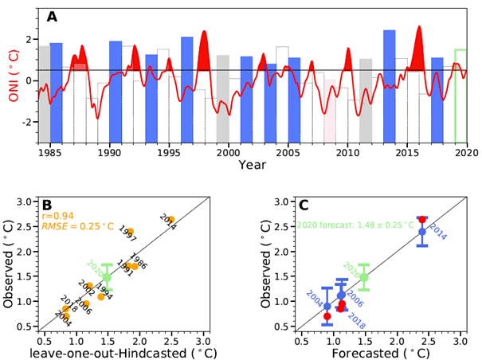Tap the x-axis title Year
[252, 165]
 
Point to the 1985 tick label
[50, 151]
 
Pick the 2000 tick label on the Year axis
[229, 151]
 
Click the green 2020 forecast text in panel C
[348, 225]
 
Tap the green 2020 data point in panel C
[364, 277]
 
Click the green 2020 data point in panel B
[107, 277]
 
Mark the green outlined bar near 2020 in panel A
[460, 96]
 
